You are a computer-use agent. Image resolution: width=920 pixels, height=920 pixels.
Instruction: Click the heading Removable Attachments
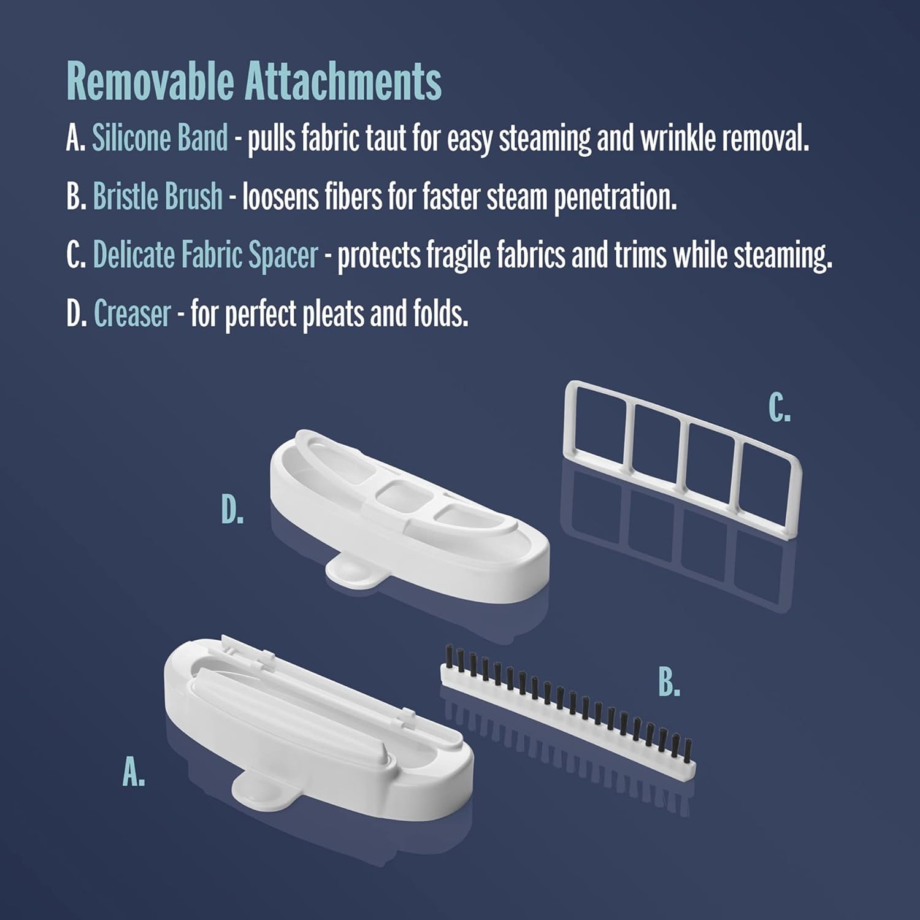(x=254, y=82)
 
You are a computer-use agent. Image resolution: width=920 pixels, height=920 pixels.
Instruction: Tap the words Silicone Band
(x=159, y=137)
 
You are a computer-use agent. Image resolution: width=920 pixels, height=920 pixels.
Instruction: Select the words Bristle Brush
(x=158, y=196)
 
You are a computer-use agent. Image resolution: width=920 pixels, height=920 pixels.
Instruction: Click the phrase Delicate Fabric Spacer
(x=205, y=255)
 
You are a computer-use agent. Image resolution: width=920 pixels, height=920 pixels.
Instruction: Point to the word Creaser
(x=132, y=313)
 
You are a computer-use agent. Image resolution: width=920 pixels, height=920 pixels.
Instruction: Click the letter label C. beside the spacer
(x=780, y=408)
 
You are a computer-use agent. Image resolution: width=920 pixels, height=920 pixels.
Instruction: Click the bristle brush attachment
(x=568, y=711)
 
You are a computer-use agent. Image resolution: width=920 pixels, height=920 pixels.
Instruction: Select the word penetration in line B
(x=615, y=197)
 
